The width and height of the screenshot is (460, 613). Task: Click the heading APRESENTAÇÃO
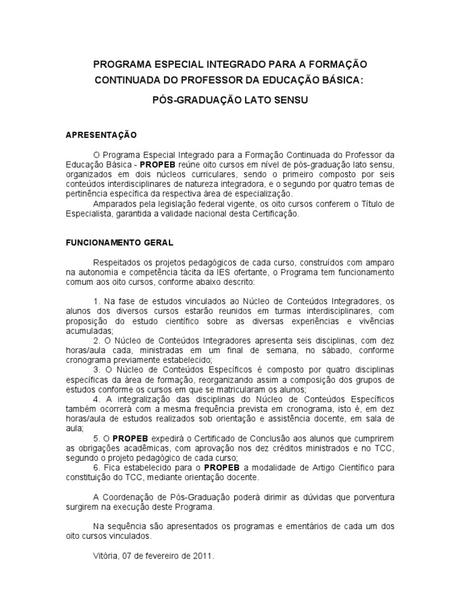click(x=101, y=135)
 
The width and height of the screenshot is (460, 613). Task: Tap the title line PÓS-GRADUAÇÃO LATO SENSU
click(x=230, y=101)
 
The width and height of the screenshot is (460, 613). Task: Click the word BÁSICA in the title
click(x=340, y=80)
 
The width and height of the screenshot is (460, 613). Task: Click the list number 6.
click(x=96, y=467)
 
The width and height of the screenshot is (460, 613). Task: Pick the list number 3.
click(x=96, y=370)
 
